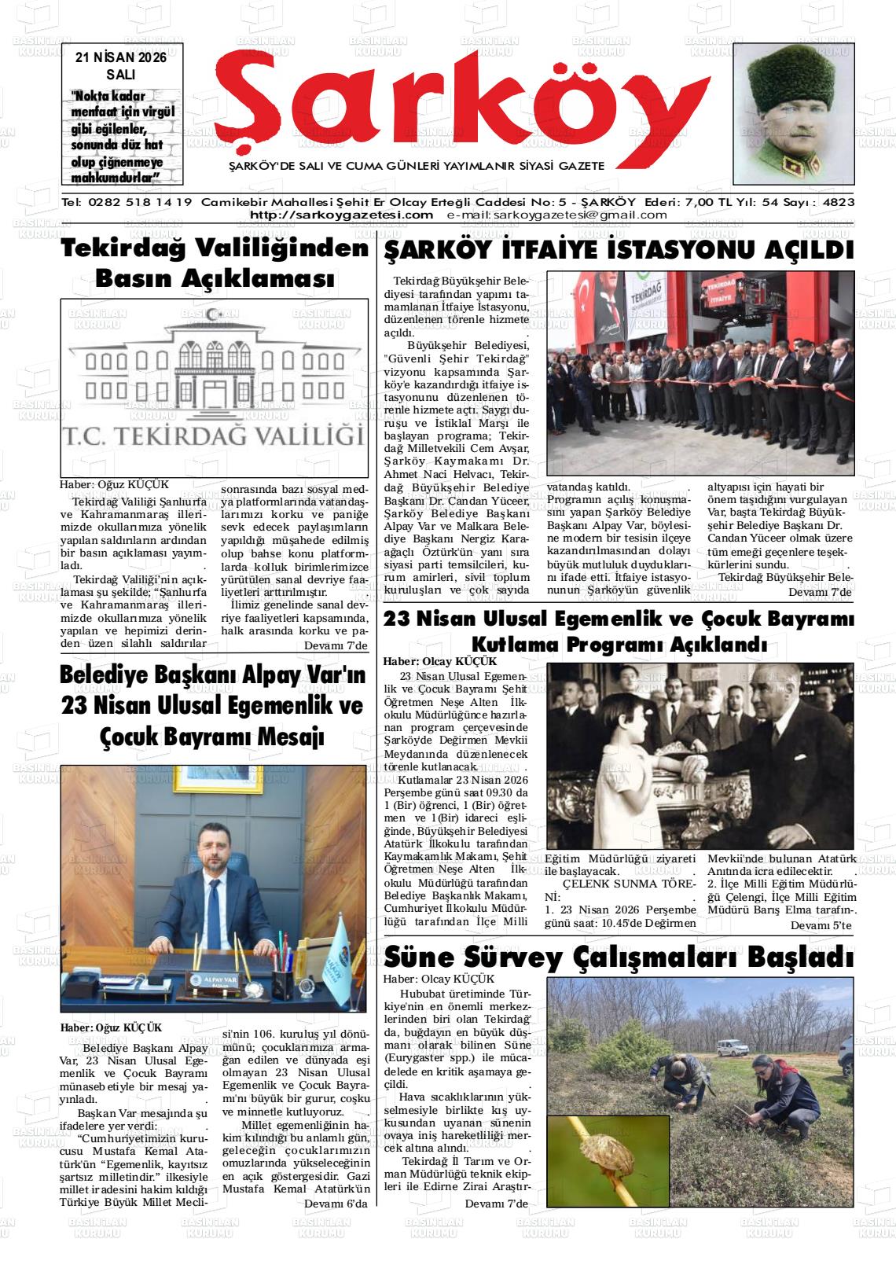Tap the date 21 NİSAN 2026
click(x=120, y=58)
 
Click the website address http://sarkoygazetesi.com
click(x=341, y=215)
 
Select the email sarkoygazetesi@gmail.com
click(x=556, y=215)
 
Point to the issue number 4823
click(x=838, y=202)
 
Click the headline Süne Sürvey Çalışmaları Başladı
click(x=618, y=958)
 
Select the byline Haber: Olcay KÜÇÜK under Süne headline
click(x=439, y=979)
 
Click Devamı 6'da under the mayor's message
click(x=336, y=1204)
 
